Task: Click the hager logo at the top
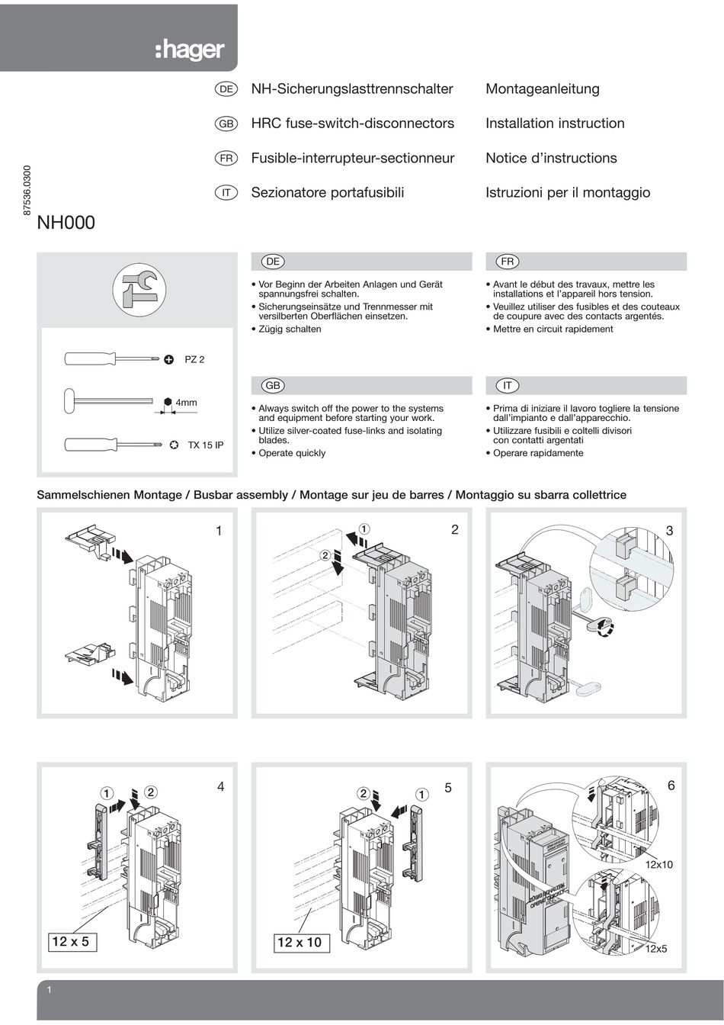point(190,50)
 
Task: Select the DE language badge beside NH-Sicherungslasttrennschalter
point(226,89)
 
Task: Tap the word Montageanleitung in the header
point(542,89)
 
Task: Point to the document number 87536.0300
point(28,191)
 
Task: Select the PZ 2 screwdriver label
point(194,359)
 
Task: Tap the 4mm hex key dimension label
point(186,402)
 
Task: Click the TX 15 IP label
point(206,445)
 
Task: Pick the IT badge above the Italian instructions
point(508,385)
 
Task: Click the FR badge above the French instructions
point(508,262)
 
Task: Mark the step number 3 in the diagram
point(670,530)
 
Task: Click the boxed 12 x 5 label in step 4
point(70,942)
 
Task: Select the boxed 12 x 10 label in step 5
point(300,943)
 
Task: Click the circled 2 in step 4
point(151,792)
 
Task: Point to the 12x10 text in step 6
point(659,865)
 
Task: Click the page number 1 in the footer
point(49,991)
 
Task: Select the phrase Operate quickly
point(292,453)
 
